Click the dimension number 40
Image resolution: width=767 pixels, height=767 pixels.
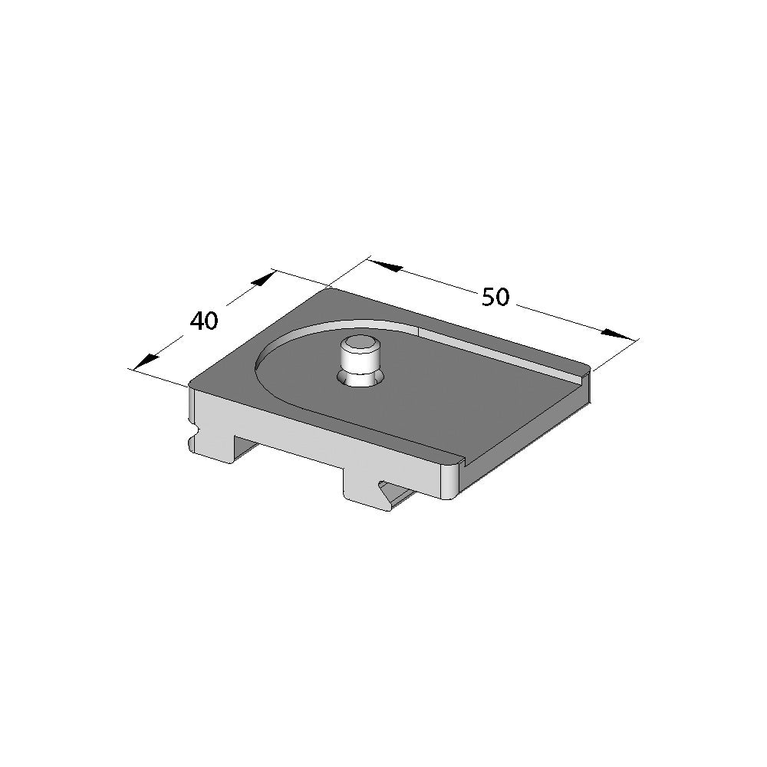click(205, 321)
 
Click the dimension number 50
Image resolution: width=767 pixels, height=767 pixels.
click(495, 297)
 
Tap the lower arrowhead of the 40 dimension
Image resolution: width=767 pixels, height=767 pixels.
click(146, 361)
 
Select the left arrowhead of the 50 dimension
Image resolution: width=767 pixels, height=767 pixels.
click(386, 265)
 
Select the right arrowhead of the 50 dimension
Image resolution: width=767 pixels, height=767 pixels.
click(617, 334)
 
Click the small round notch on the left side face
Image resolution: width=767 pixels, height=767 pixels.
click(196, 431)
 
